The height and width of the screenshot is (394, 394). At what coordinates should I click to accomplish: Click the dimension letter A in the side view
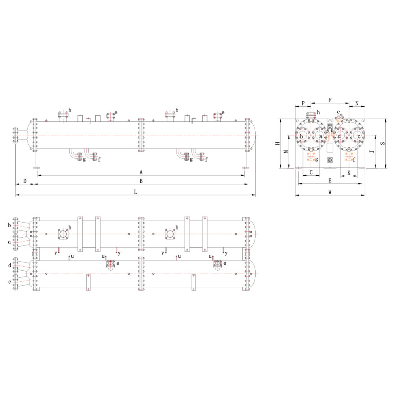pyautogui.click(x=141, y=172)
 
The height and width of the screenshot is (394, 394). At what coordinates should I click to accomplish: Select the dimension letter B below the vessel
pyautogui.click(x=141, y=181)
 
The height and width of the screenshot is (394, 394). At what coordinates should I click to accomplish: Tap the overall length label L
pyautogui.click(x=135, y=192)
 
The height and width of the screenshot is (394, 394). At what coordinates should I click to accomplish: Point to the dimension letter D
pyautogui.click(x=24, y=181)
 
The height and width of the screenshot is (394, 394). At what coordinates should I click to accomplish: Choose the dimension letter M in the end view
pyautogui.click(x=286, y=151)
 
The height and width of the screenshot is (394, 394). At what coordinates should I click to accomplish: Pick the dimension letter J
pyautogui.click(x=372, y=151)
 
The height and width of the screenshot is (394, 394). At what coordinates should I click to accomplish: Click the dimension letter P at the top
pyautogui.click(x=303, y=103)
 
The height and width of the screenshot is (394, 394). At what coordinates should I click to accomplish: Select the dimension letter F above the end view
pyautogui.click(x=330, y=100)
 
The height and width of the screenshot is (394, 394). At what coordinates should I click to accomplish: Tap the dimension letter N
pyautogui.click(x=357, y=103)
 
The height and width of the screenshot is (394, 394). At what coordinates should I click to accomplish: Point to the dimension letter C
pyautogui.click(x=311, y=173)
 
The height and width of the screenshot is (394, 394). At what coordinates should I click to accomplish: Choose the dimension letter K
pyautogui.click(x=349, y=173)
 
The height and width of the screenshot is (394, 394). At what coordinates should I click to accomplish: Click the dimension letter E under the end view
pyautogui.click(x=330, y=181)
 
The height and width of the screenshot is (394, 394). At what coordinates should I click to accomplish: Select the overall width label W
pyautogui.click(x=330, y=192)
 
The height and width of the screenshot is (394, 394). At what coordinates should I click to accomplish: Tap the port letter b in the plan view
pyautogui.click(x=9, y=225)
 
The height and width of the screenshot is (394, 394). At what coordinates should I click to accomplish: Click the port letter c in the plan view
pyautogui.click(x=9, y=282)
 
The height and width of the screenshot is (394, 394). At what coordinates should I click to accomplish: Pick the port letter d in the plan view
pyautogui.click(x=9, y=266)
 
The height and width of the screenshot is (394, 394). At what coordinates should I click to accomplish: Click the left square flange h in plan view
pyautogui.click(x=63, y=234)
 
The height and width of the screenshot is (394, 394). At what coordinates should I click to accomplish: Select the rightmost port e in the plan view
pyautogui.click(x=217, y=264)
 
